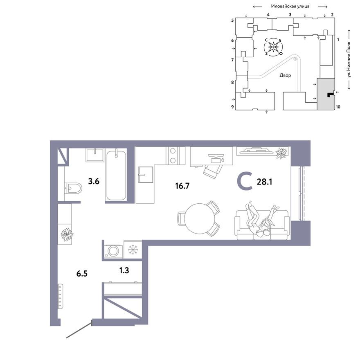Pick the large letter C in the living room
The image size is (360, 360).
(245, 182)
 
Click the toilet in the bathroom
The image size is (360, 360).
(73, 188)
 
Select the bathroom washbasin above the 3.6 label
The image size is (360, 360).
(96, 156)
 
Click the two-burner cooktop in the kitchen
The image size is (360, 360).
(172, 155)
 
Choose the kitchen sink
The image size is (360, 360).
(145, 175)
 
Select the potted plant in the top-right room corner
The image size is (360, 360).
(281, 153)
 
